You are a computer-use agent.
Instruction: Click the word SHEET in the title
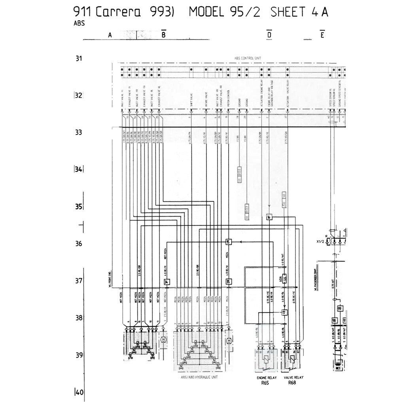pos(288,12)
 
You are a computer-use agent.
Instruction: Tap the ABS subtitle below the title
pos(79,23)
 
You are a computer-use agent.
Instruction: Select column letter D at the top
pos(269,35)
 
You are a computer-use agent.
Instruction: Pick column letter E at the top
pos(322,35)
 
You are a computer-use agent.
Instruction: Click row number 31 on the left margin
pos(79,59)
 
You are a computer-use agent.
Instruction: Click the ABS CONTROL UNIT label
pos(248,58)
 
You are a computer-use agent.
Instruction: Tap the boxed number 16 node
pos(269,217)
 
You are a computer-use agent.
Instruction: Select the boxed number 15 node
pos(228,242)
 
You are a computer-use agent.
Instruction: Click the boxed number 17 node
pos(284,312)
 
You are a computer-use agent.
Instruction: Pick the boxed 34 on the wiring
pos(167,282)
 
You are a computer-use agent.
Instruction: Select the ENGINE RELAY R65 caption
pos(265,380)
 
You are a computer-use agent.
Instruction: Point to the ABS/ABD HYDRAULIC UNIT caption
pos(199,377)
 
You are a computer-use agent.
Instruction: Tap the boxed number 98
pos(334,320)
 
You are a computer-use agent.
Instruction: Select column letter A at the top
pos(110,35)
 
